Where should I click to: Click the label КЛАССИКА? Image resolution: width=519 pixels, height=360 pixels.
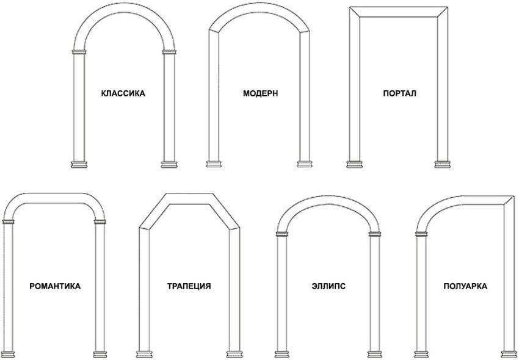(123, 93)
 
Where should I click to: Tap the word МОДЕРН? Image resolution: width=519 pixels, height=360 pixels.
(261, 93)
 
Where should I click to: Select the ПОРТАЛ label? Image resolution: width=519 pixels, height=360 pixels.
(399, 93)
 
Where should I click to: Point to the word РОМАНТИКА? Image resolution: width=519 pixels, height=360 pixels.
(55, 286)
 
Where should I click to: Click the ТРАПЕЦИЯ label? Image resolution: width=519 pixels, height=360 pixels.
(189, 286)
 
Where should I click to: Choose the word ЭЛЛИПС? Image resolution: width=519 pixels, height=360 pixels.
(328, 286)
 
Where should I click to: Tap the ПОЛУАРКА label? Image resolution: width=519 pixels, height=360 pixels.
(465, 286)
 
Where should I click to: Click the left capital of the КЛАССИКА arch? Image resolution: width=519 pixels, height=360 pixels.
(79, 52)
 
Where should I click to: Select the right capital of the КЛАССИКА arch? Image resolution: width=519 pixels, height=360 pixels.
(169, 52)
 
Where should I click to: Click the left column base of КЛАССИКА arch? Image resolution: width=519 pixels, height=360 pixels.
(79, 165)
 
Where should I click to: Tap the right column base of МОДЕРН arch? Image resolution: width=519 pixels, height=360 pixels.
(304, 164)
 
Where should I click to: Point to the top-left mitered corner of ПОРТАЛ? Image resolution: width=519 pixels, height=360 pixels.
(355, 12)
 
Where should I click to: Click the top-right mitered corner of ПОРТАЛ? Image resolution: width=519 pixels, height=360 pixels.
(443, 12)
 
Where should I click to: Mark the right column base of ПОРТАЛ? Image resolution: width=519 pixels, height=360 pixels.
(443, 165)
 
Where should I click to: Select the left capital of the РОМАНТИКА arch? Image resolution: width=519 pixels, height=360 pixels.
(9, 221)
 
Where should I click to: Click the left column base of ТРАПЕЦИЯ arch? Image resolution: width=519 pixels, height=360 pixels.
(144, 354)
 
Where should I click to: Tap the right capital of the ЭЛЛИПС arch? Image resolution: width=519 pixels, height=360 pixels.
(375, 234)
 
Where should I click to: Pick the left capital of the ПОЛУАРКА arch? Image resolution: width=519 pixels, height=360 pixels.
(421, 234)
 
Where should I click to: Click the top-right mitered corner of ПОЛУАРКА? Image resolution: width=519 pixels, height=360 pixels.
(509, 201)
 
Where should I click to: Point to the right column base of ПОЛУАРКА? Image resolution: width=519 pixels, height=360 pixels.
(509, 354)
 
